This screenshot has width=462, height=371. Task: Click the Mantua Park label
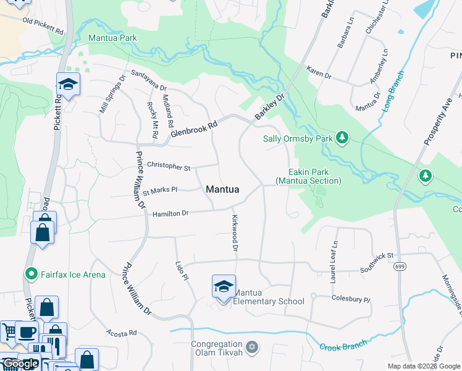tap(112, 38)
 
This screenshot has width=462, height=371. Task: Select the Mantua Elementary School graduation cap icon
tap(224, 286)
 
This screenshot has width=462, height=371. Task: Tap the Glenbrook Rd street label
tap(195, 129)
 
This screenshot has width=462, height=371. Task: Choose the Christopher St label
tap(169, 166)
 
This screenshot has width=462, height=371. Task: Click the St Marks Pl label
tap(160, 190)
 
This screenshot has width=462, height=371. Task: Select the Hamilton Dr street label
tap(170, 213)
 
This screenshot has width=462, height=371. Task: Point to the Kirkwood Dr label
tap(235, 232)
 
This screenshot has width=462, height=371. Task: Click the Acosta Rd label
tap(121, 333)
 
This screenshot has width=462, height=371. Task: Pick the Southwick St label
tap(377, 262)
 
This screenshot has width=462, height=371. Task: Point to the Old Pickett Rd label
tap(43, 25)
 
